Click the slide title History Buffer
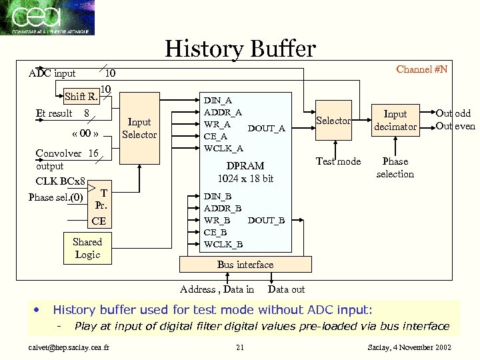240,49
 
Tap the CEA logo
47,17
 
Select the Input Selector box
139,128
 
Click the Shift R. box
82,97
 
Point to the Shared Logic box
87,248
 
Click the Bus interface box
245,265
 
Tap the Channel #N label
422,69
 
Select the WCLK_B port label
223,243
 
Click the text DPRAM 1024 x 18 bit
245,172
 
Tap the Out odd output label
453,114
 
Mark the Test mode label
338,161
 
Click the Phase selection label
395,167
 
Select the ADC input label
52,73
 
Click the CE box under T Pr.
98,221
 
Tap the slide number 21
240,347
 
